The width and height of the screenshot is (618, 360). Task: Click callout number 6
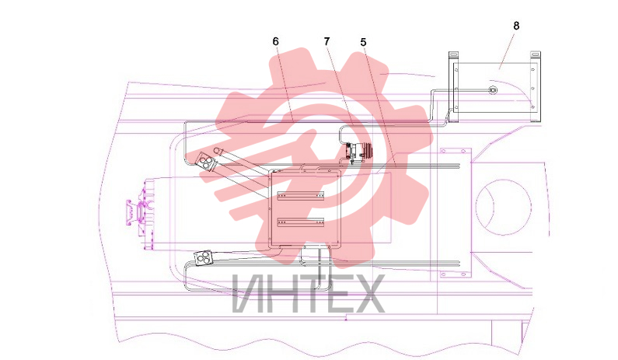(275, 41)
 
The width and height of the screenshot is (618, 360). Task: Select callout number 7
(326, 41)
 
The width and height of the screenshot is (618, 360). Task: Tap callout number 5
(363, 42)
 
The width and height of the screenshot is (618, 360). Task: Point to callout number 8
(516, 26)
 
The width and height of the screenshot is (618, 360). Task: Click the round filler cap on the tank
(492, 90)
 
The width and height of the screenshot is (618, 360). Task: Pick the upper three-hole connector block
(206, 162)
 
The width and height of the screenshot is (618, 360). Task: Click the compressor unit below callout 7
(358, 152)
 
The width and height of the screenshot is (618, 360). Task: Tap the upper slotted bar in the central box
(301, 195)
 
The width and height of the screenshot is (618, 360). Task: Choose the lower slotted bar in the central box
(301, 223)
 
